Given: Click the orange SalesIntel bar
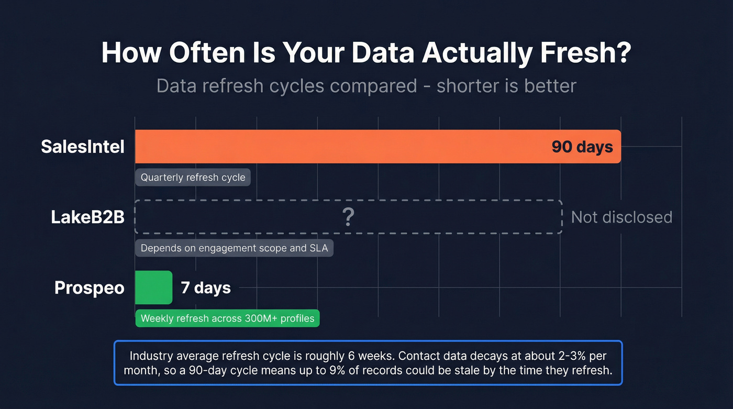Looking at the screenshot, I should (x=340, y=147).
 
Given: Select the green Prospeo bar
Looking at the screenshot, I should (x=153, y=288).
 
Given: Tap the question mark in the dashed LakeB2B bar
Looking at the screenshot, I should (x=348, y=217).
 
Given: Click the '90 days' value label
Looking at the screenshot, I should (x=582, y=147).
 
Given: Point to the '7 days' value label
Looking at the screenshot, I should (x=206, y=288).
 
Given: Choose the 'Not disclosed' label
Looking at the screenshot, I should (x=621, y=217).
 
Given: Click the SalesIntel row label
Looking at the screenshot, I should (x=83, y=147).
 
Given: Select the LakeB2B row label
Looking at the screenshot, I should (x=87, y=217).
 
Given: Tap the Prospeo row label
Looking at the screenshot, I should (x=90, y=288).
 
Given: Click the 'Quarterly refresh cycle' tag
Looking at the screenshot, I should (x=193, y=178).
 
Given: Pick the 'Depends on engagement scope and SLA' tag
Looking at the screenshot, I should (x=234, y=248).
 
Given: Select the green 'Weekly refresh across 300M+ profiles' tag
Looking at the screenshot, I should (x=227, y=318).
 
